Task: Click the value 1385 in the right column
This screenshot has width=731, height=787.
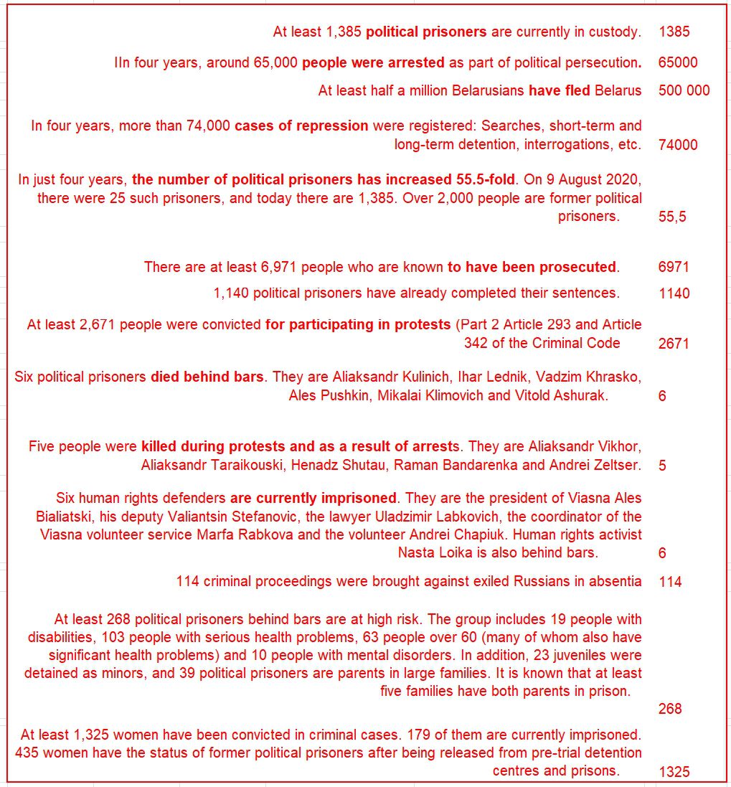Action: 674,32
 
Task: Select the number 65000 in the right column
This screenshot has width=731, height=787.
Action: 677,62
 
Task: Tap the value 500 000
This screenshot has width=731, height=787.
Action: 684,90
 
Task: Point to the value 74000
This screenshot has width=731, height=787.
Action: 677,145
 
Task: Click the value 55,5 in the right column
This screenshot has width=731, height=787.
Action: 672,217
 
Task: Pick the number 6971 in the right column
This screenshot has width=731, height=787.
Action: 674,268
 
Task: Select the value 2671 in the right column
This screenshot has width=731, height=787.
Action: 674,344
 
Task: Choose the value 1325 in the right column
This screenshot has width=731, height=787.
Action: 674,772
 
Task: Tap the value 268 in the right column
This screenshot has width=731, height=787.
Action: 670,709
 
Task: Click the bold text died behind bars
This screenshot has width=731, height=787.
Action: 207,377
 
